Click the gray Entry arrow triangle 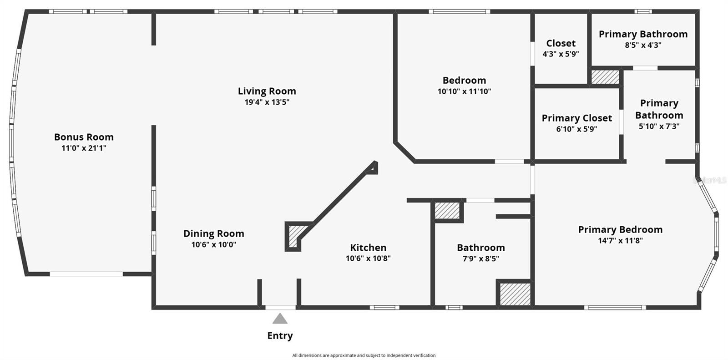pyautogui.click(x=280, y=319)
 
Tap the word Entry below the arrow pyautogui.click(x=280, y=336)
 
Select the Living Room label pyautogui.click(x=267, y=91)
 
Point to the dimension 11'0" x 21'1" pyautogui.click(x=84, y=148)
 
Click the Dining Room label pyautogui.click(x=214, y=233)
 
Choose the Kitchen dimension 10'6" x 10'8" pyautogui.click(x=368, y=259)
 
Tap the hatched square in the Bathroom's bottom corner pyautogui.click(x=515, y=294)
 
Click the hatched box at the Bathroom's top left pyautogui.click(x=447, y=211)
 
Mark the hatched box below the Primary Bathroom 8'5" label pyautogui.click(x=605, y=76)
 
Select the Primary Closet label pyautogui.click(x=576, y=118)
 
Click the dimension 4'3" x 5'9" pyautogui.click(x=561, y=54)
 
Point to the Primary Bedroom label pyautogui.click(x=620, y=229)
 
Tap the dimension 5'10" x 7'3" pyautogui.click(x=659, y=127)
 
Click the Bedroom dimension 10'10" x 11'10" pyautogui.click(x=464, y=91)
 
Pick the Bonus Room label pyautogui.click(x=84, y=137)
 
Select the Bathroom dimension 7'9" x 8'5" pyautogui.click(x=481, y=259)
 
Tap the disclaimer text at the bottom pyautogui.click(x=364, y=355)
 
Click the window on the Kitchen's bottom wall pyautogui.click(x=384, y=308)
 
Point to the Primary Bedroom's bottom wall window pyautogui.click(x=615, y=308)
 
